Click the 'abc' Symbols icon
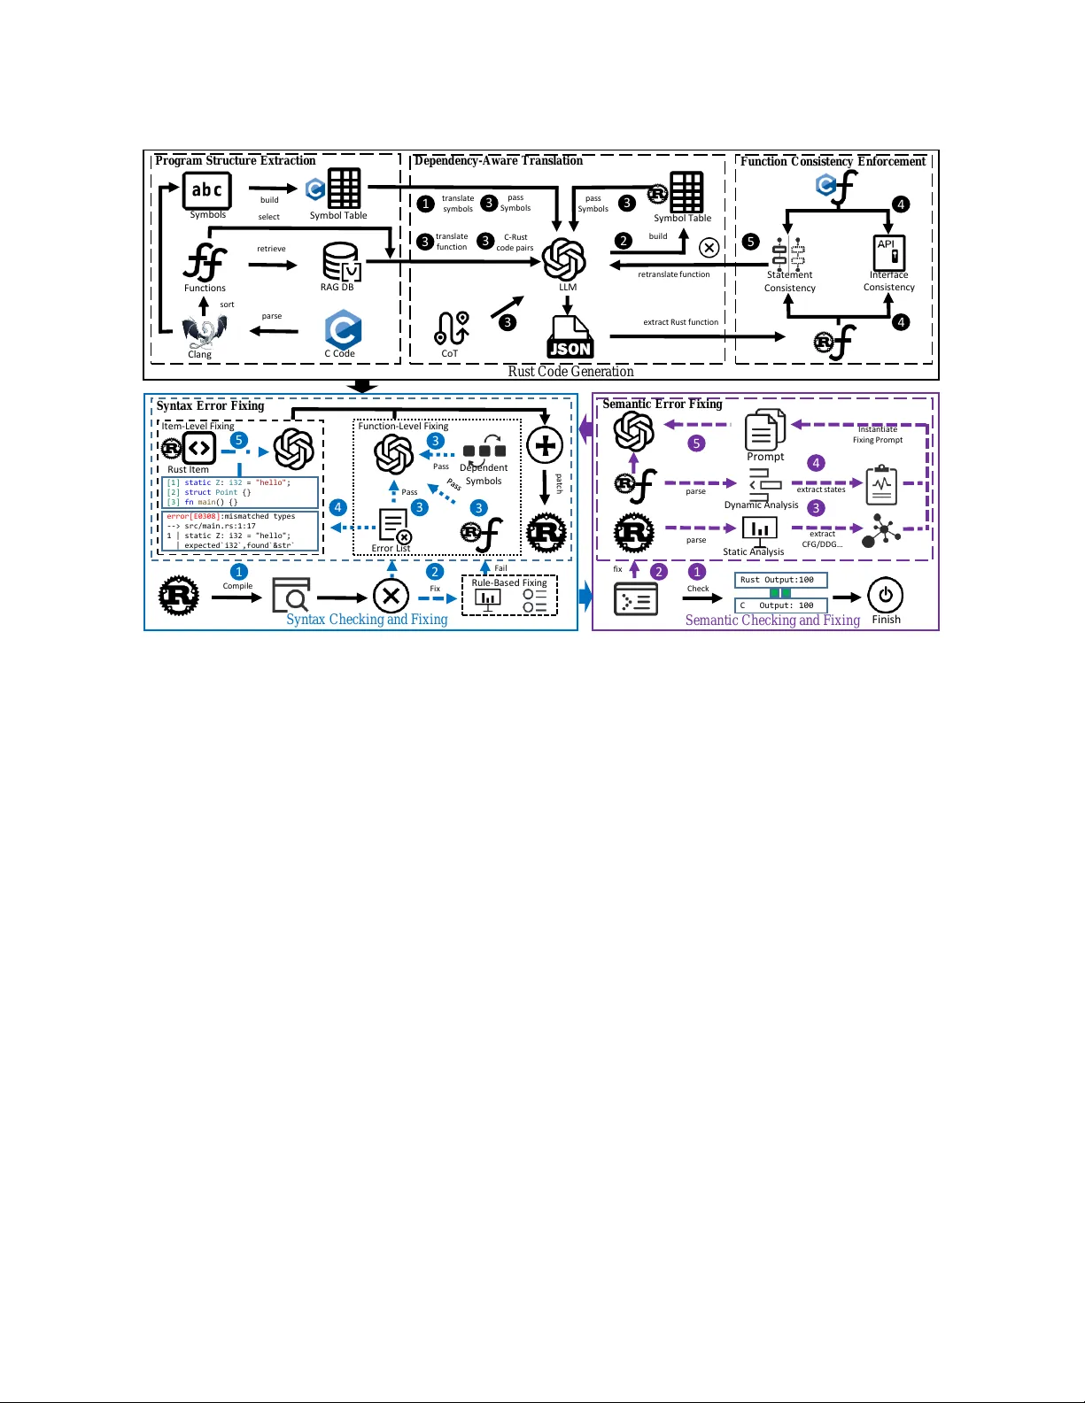point(207,189)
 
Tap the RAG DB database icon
point(340,262)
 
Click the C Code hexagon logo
point(342,329)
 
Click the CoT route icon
point(451,329)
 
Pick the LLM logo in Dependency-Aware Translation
point(564,259)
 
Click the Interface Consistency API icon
point(888,252)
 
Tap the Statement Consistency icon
point(787,253)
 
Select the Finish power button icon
point(885,595)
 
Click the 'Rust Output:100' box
point(780,580)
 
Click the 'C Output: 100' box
point(780,605)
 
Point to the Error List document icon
point(393,525)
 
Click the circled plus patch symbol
point(545,444)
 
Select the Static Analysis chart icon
point(759,529)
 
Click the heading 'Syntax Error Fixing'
point(211,405)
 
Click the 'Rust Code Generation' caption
point(570,372)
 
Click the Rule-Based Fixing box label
point(508,582)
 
